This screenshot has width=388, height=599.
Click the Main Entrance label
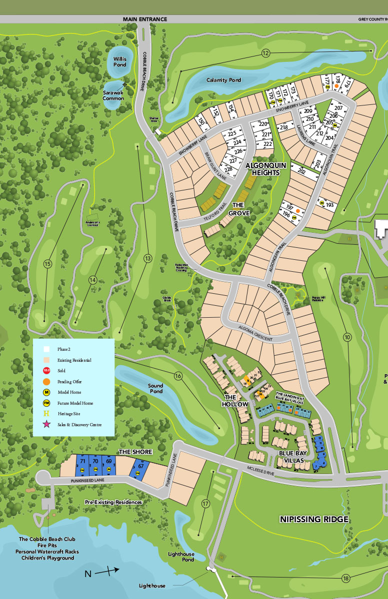point(145,19)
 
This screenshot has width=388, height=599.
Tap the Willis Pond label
point(116,61)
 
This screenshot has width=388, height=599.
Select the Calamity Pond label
point(223,80)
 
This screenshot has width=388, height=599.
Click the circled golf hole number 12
point(265,53)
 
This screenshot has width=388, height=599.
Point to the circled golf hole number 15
point(48,264)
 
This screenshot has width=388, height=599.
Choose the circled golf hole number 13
point(147,258)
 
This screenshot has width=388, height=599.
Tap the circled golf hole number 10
point(347,337)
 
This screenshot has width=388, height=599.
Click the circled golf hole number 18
point(345,579)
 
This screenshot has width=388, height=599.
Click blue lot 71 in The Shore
point(82,461)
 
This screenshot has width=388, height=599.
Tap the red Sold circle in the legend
point(47,370)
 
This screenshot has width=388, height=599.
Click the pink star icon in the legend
point(47,425)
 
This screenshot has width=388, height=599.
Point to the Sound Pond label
point(155,389)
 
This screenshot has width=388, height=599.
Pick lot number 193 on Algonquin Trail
point(329,205)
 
